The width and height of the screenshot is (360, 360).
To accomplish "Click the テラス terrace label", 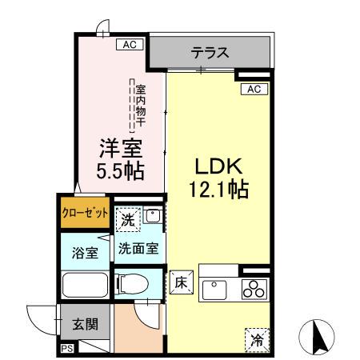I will coord(210,54).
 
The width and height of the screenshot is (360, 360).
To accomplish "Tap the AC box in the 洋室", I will coord(129,45).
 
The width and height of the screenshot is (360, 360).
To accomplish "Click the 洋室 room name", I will coord(120,148).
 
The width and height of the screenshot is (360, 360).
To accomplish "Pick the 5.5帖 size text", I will coord(120,170).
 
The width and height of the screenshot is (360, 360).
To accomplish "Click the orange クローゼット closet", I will coord(85,214).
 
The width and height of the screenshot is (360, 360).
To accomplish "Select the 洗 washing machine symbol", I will coord(128,218).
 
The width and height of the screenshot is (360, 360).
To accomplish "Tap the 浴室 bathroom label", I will coord(85,254).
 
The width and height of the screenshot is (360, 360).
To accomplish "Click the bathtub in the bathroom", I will coord(85,286).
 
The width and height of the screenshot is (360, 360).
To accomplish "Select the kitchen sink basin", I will coord(215,289).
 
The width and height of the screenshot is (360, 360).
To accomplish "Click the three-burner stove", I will coord(254,288).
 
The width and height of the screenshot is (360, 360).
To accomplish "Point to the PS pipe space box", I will coord(66,349).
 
